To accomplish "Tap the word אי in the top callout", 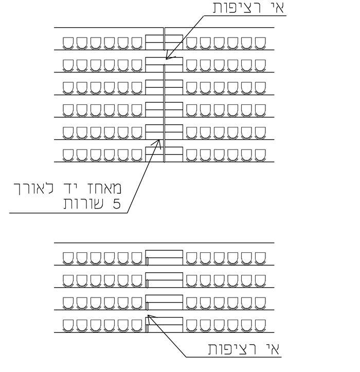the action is (x=276, y=7).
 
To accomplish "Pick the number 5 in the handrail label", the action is (x=117, y=204).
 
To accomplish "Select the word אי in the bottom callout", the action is (x=272, y=349).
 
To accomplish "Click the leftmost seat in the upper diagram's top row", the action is (x=68, y=43).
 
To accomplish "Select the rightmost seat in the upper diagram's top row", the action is (x=260, y=43).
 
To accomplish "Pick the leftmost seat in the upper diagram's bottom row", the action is (x=68, y=155).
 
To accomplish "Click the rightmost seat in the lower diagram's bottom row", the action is (x=260, y=326).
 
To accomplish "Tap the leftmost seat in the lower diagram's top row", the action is (x=68, y=258).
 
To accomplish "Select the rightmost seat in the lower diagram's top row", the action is (x=260, y=258).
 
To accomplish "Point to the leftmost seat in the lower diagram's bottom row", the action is (x=68, y=326).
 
